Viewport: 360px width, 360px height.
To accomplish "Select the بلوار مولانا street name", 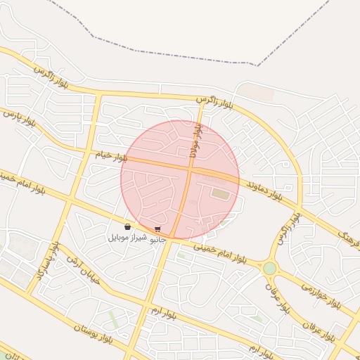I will [x=194, y=141].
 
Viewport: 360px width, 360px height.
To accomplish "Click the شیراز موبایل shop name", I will [x=127, y=238].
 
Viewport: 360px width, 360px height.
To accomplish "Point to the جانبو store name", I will [x=158, y=239].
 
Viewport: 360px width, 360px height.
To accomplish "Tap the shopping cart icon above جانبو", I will [x=157, y=229].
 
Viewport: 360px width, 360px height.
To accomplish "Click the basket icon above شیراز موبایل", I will [x=127, y=227].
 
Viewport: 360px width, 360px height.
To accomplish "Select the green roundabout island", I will [x=270, y=268].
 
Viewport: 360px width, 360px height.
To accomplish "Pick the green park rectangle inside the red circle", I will [x=221, y=193].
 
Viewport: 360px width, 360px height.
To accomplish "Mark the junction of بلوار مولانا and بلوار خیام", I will [x=190, y=169].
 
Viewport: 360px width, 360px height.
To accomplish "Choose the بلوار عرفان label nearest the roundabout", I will [x=277, y=299].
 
